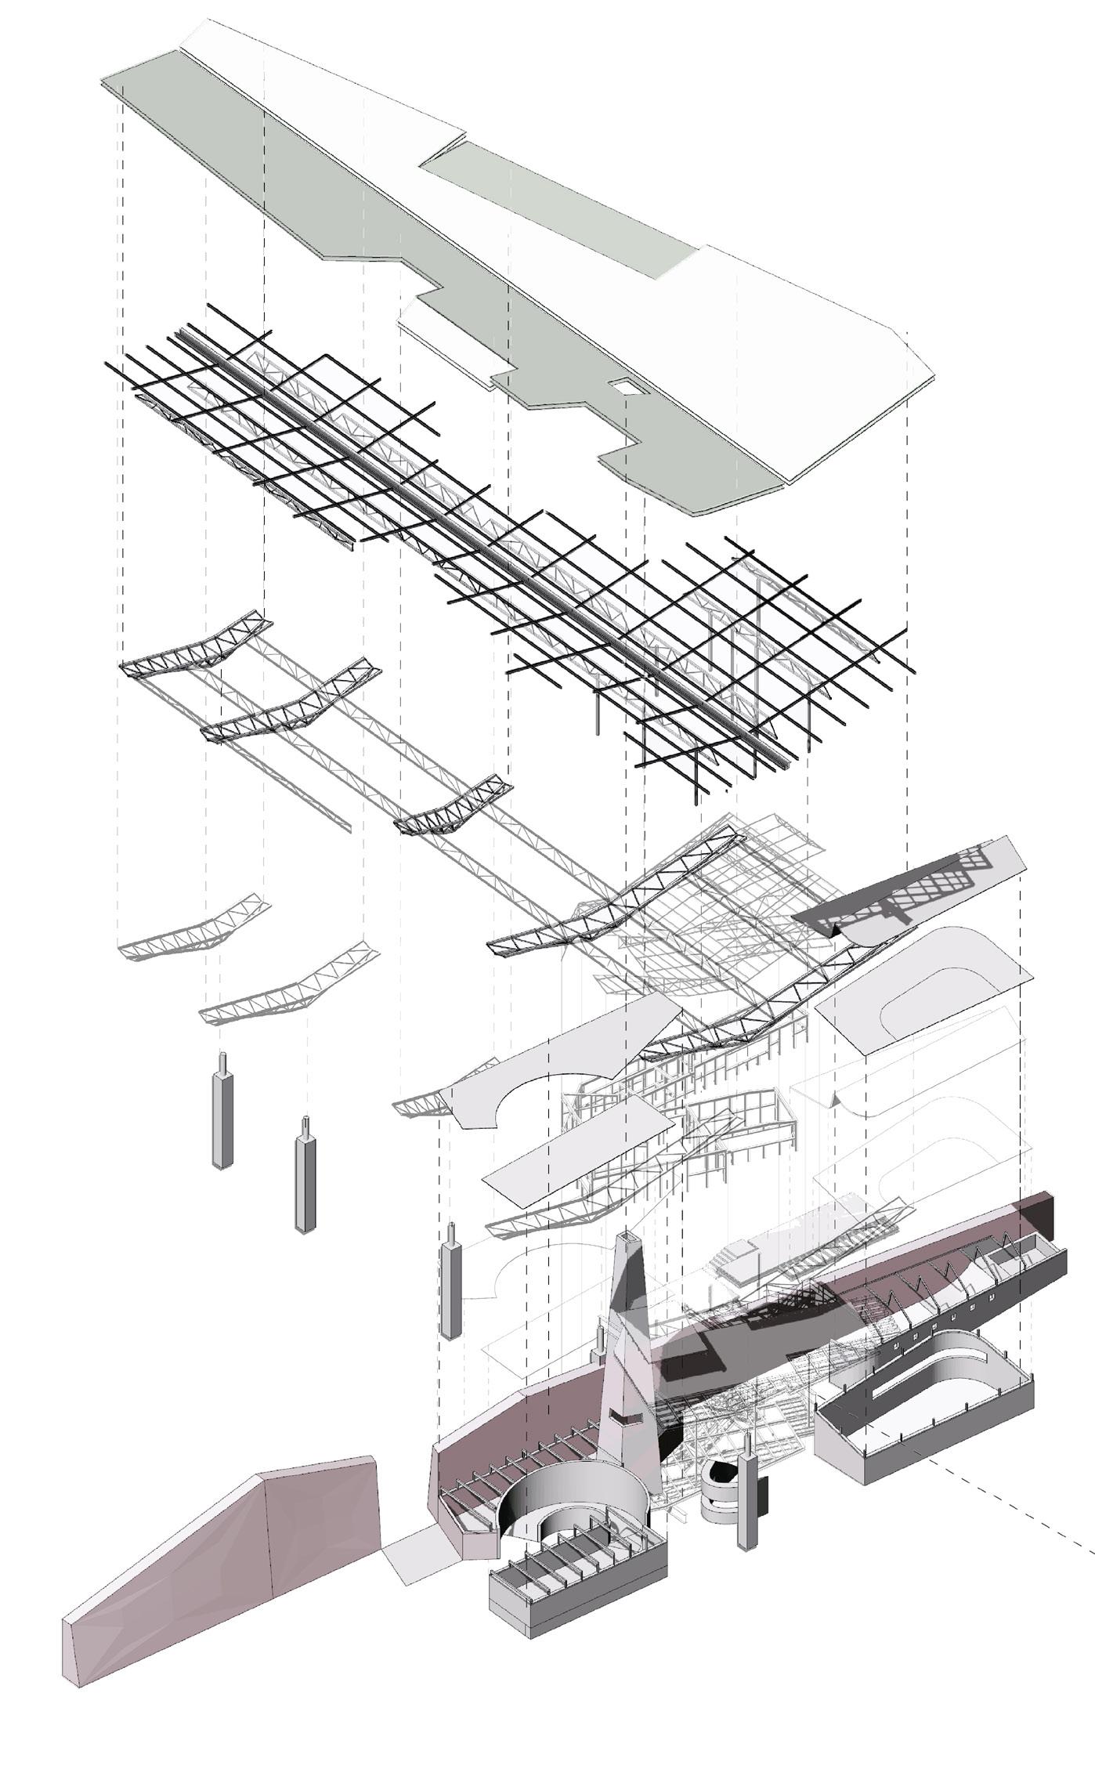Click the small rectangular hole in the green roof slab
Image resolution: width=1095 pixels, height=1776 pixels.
[x=623, y=385]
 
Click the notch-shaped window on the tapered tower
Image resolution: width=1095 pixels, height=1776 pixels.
[x=624, y=1418]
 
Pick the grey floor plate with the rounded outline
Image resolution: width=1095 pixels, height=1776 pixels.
[x=924, y=987]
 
